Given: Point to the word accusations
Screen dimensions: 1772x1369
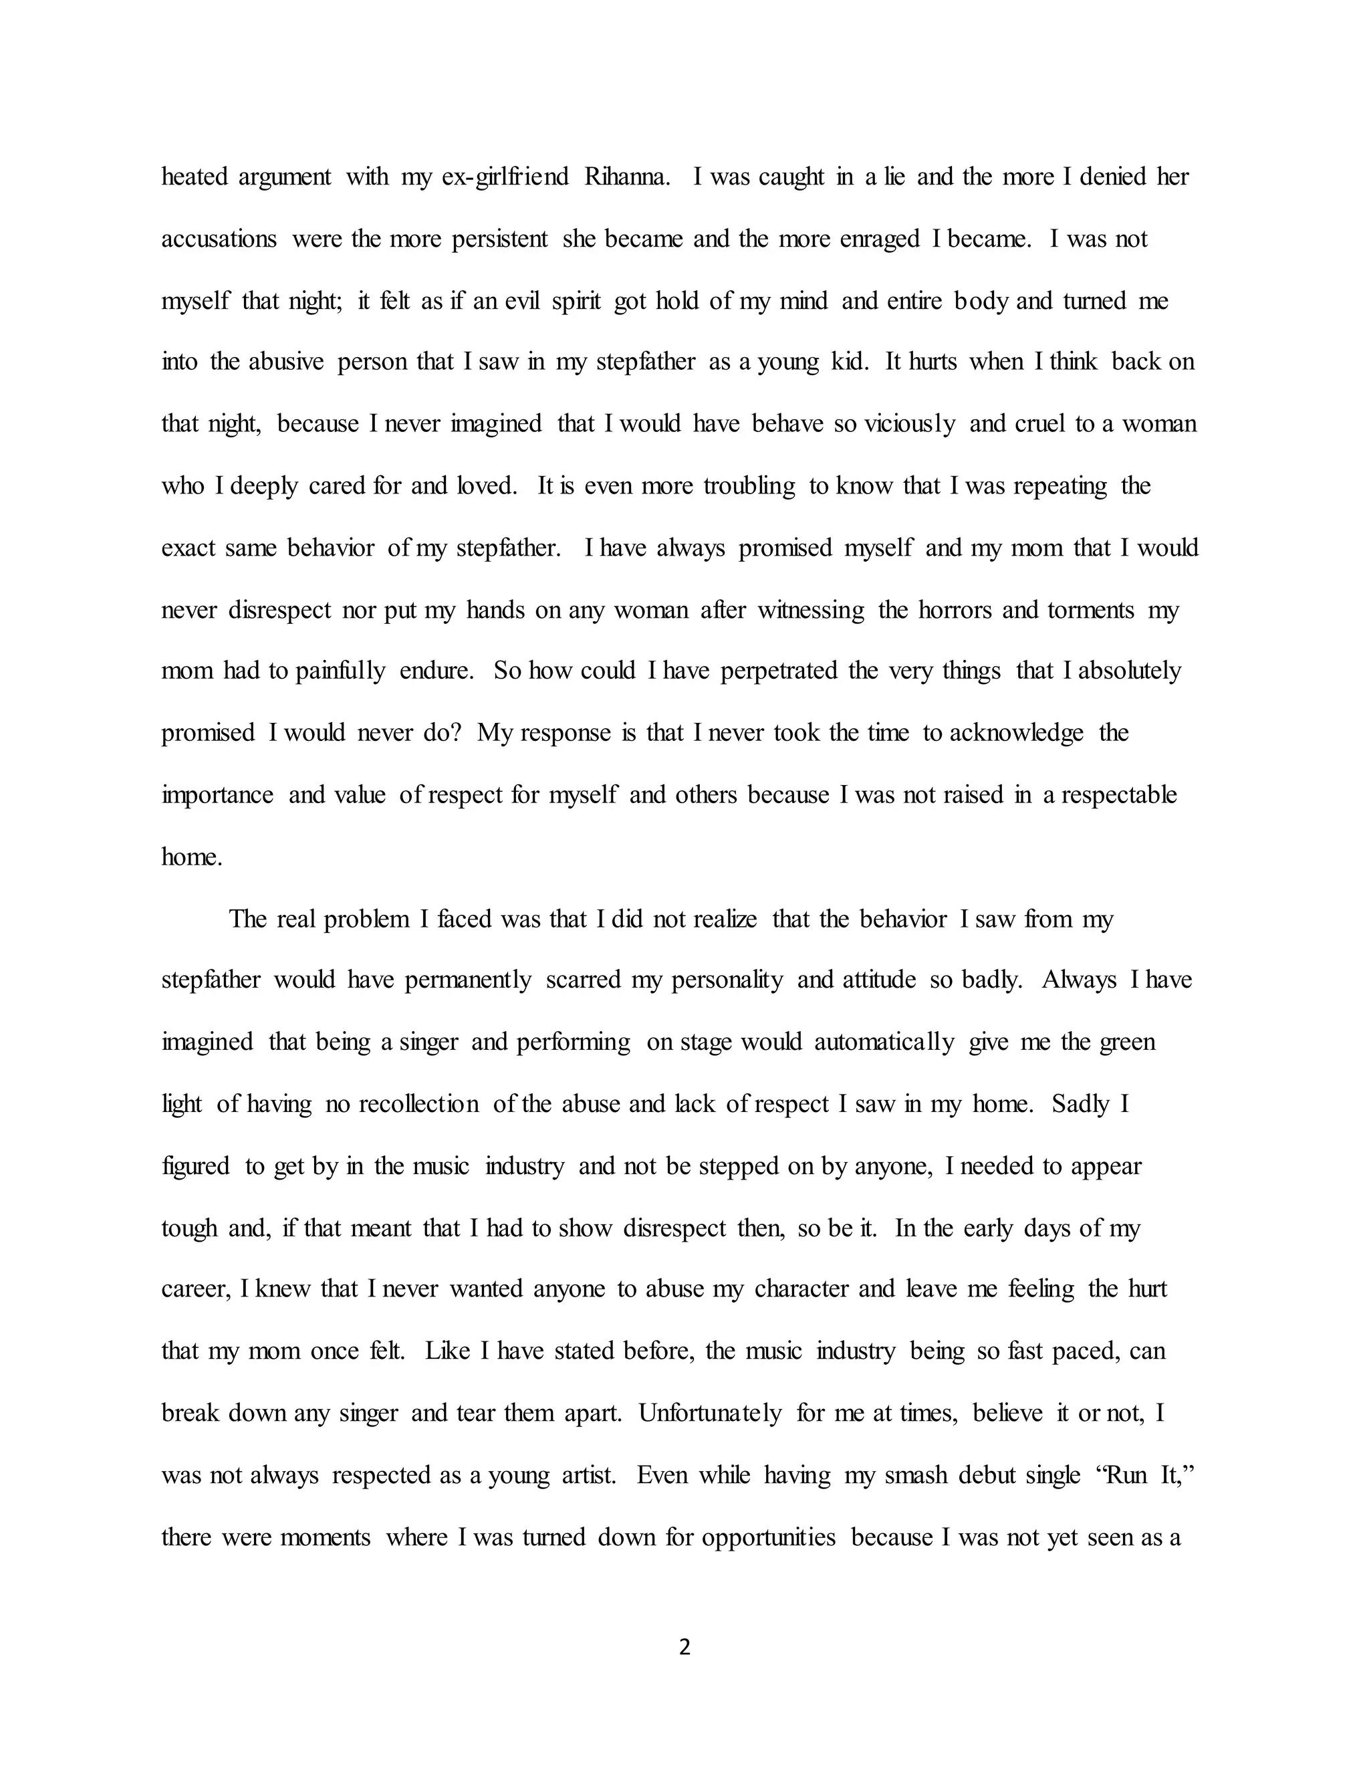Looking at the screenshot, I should pyautogui.click(x=219, y=239).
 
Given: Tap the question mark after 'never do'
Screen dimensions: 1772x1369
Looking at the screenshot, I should pyautogui.click(x=456, y=733).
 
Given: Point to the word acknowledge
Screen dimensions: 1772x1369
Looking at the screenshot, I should pyautogui.click(x=1015, y=733).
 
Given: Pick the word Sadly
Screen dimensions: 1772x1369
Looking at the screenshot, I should pyautogui.click(x=1080, y=1104).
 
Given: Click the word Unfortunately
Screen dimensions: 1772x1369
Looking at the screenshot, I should pyautogui.click(x=710, y=1414).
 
